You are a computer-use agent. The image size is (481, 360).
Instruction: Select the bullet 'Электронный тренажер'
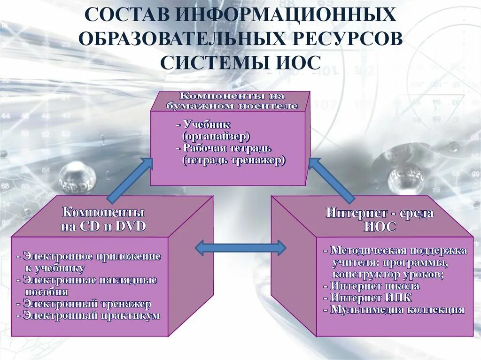coord(87,304)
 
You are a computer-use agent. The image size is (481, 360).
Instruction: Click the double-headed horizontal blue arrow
coord(240,247)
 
